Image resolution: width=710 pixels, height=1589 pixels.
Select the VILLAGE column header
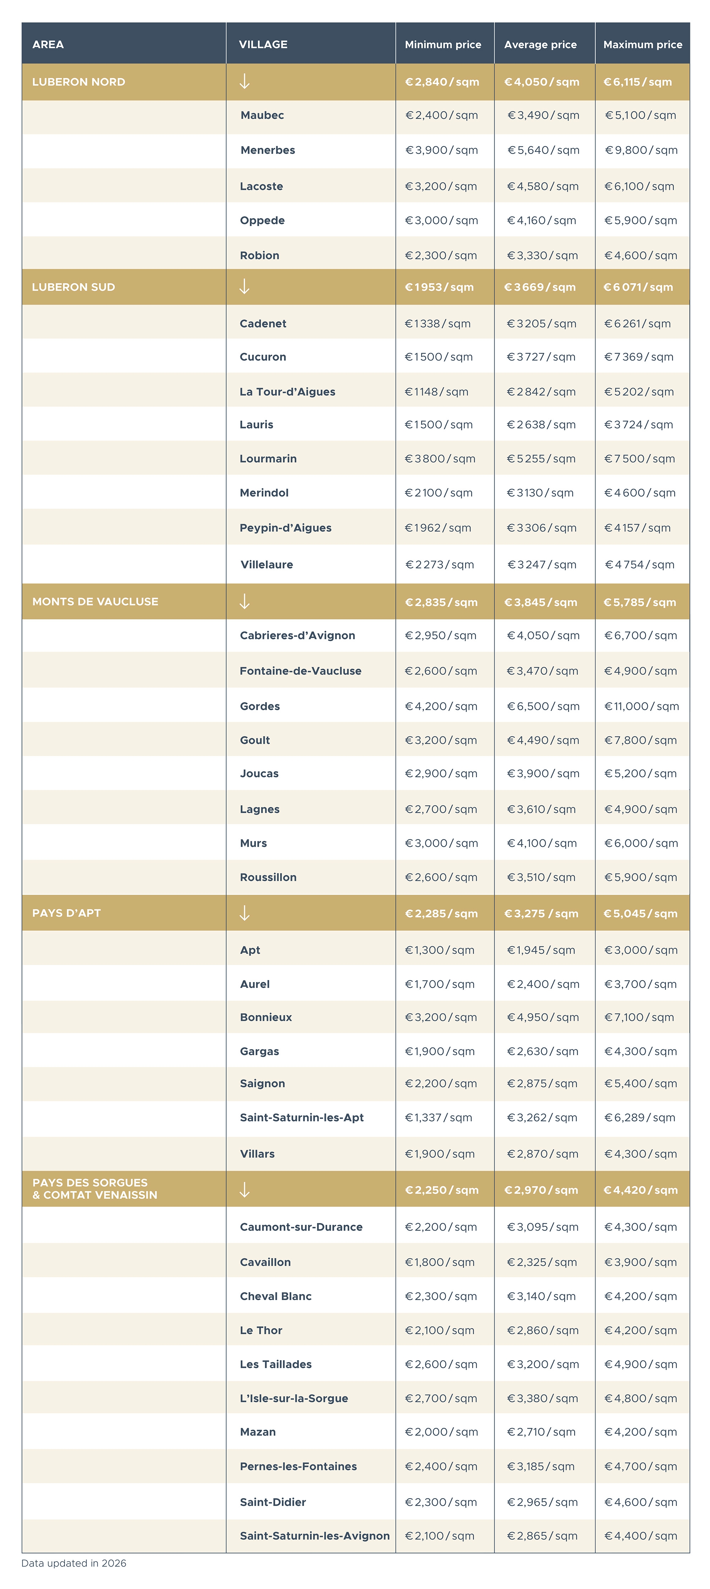pyautogui.click(x=263, y=44)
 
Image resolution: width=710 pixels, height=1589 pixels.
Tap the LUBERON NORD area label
pyautogui.click(x=78, y=82)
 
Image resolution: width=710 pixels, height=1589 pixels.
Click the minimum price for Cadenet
pyautogui.click(x=437, y=324)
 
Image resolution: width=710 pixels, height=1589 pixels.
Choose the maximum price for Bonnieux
pyautogui.click(x=639, y=1017)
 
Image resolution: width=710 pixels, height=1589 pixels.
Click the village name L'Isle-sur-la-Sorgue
pyautogui.click(x=294, y=1398)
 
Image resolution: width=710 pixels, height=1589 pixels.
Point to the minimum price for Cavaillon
pyautogui.click(x=440, y=1262)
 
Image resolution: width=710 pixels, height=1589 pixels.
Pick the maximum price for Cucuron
pyautogui.click(x=638, y=357)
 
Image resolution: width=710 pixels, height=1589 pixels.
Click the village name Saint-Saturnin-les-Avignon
pyautogui.click(x=315, y=1536)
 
